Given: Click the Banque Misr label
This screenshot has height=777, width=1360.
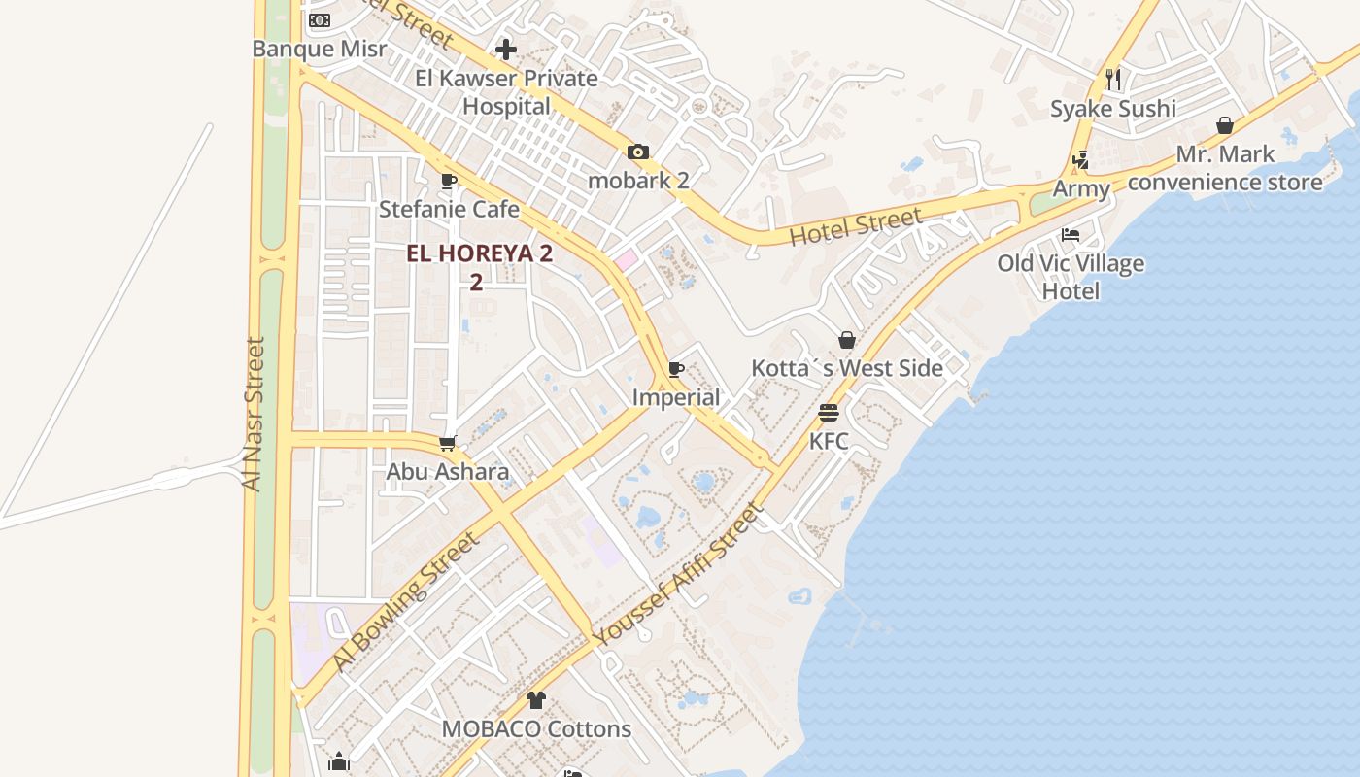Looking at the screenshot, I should click(x=319, y=49).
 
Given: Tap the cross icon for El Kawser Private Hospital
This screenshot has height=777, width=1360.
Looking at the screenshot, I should click(x=506, y=49).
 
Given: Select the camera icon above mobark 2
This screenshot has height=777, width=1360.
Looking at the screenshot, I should click(x=638, y=152).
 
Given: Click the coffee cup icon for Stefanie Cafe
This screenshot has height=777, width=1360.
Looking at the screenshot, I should click(x=448, y=181).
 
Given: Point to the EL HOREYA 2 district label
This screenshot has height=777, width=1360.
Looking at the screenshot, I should click(x=479, y=254).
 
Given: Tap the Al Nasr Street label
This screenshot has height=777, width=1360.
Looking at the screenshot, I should click(x=255, y=414).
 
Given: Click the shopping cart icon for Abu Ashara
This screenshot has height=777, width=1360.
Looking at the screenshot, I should click(x=448, y=443).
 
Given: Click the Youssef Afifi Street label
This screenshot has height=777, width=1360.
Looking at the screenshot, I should click(x=678, y=575).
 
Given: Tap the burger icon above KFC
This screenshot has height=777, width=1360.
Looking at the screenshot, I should click(x=829, y=413).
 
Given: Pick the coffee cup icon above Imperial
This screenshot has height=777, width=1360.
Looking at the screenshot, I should click(x=676, y=369).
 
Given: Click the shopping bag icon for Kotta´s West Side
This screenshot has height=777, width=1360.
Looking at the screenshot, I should click(x=847, y=340).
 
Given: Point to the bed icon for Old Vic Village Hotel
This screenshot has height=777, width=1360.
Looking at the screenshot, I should click(x=1071, y=235).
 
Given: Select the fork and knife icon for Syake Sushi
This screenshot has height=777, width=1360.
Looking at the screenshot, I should click(x=1113, y=80).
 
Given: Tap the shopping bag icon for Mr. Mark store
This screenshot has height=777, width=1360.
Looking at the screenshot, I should click(x=1225, y=126).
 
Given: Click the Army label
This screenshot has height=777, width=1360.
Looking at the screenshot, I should click(x=1081, y=188).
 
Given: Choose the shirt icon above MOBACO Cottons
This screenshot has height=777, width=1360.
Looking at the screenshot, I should click(x=536, y=699).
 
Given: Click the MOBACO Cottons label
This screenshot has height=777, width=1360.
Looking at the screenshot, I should click(x=536, y=728).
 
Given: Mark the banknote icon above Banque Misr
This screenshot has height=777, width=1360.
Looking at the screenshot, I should click(x=319, y=20).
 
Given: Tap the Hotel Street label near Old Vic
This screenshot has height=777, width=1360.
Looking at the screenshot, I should click(x=855, y=226).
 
